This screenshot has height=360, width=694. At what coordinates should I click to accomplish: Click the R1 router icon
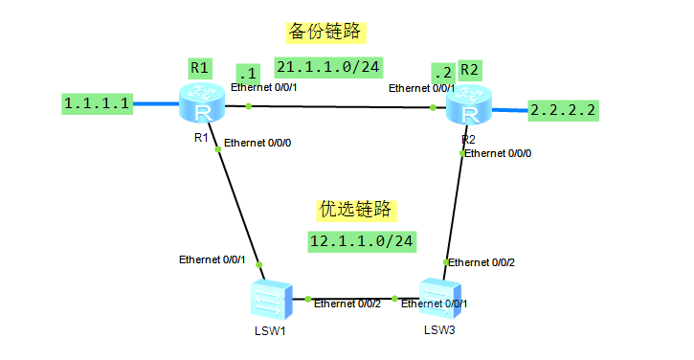(201, 103)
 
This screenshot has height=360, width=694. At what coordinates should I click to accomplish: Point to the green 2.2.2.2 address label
(563, 110)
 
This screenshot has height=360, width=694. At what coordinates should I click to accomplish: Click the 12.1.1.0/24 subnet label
(361, 240)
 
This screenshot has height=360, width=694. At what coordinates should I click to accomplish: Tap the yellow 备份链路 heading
(325, 31)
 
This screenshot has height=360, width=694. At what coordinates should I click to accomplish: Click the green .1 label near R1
(248, 74)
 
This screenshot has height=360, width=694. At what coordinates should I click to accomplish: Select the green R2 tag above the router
(470, 69)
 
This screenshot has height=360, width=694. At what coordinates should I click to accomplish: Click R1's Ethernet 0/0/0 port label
(259, 144)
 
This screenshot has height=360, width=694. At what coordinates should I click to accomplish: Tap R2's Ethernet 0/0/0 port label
(500, 153)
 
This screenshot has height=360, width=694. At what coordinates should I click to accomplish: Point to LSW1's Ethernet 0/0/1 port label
(213, 259)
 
